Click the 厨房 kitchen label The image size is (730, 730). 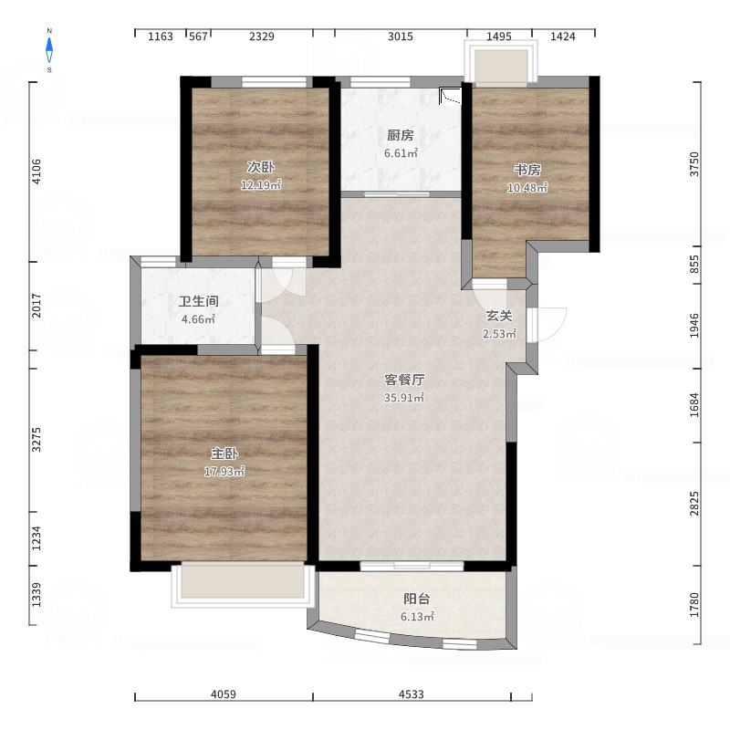[x=401, y=135]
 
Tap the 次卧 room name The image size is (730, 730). [x=261, y=167]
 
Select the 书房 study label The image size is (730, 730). [x=527, y=170]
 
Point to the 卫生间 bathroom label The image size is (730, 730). [x=199, y=301]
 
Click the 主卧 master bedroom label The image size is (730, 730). [x=224, y=453]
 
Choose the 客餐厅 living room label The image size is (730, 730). [x=404, y=380]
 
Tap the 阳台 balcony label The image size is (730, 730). [x=417, y=599]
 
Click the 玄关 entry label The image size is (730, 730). [x=499, y=316]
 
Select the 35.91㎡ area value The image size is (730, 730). [x=404, y=398]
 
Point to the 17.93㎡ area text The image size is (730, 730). [x=224, y=471]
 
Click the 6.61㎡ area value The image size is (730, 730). [x=401, y=153]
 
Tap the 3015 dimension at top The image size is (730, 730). [x=401, y=36]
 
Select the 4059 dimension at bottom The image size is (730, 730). [x=224, y=694]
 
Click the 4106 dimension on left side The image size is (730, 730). [x=36, y=172]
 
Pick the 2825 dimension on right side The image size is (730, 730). [x=694, y=504]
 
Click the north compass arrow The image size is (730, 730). [x=49, y=50]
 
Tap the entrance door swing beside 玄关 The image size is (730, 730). [x=547, y=325]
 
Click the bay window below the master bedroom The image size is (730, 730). [x=243, y=584]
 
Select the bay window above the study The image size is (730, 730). [x=501, y=63]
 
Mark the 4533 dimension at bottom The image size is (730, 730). [x=412, y=694]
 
